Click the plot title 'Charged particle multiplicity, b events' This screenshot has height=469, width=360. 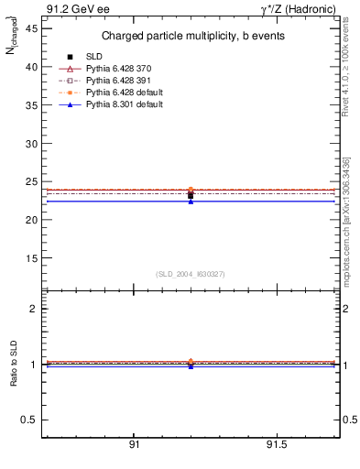click(x=191, y=37)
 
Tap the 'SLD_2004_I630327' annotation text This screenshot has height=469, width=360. click(x=191, y=274)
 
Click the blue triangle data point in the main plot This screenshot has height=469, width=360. click(x=191, y=202)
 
